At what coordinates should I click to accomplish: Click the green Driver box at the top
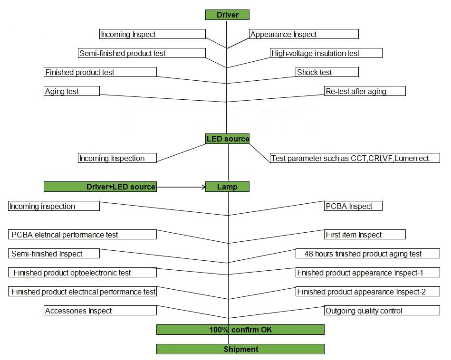227,15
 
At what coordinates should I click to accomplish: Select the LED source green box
227,139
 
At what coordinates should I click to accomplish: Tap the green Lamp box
227,187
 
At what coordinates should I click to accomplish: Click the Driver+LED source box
100,187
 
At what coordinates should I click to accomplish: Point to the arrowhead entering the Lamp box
204,187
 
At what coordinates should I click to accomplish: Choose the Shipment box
240,349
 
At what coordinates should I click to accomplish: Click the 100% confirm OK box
240,330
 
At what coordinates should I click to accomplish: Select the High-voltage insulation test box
326,53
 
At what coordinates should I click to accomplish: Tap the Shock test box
327,72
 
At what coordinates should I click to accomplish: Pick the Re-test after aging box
365,91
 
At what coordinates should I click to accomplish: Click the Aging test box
72,91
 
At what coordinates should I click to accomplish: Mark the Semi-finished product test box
142,53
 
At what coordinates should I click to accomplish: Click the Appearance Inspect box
304,34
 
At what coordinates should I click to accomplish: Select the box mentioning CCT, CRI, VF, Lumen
355,158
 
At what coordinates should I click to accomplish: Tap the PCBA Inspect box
353,206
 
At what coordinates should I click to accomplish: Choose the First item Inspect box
365,234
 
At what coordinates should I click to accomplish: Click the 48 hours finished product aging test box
368,253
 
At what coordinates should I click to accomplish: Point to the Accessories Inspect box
100,310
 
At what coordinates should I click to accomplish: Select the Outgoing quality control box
382,310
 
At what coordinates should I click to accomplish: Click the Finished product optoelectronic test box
82,272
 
